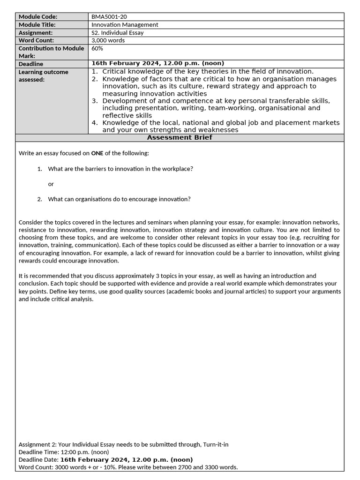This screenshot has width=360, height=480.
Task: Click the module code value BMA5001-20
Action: (109, 17)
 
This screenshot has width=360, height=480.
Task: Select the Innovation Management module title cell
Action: (125, 25)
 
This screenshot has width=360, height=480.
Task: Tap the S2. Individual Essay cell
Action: (117, 33)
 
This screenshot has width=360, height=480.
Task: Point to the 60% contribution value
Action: (97, 48)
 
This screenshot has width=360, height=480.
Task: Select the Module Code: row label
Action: (37, 17)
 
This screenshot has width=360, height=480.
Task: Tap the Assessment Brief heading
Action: (180, 137)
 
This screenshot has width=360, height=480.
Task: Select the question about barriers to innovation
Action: (120, 169)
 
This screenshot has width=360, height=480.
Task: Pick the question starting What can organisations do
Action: (119, 199)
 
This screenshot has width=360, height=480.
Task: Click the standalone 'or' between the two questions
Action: (51, 184)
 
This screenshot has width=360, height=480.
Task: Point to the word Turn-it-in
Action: (216, 444)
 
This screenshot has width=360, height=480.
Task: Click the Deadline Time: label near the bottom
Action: (39, 452)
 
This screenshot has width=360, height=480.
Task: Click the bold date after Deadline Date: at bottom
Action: (126, 460)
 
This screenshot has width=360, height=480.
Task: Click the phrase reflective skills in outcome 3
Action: (127, 115)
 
